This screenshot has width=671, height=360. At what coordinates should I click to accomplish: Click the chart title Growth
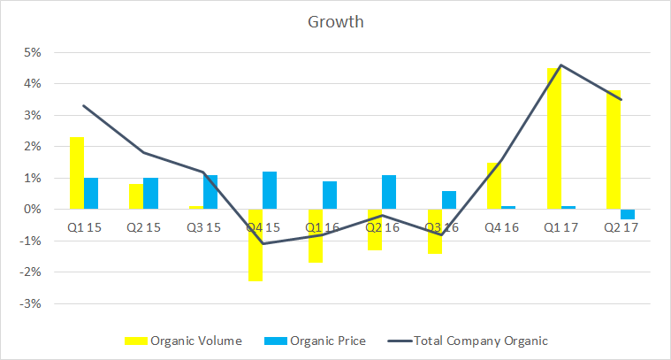[335, 20]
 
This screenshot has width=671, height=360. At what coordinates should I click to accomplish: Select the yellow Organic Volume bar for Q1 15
[77, 173]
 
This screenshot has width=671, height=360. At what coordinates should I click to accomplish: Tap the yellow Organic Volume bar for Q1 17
[554, 139]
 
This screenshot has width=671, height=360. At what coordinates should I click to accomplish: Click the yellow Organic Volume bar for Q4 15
[255, 245]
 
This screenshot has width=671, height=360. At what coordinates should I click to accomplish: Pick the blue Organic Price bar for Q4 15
[270, 191]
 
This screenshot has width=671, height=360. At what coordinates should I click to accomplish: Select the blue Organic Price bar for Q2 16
[389, 193]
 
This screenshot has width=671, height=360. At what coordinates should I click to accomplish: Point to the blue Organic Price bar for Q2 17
[628, 214]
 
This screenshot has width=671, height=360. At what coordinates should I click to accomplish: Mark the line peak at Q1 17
[561, 65]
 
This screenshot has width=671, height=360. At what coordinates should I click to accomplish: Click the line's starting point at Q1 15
[84, 106]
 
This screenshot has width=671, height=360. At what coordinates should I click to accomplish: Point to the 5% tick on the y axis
[32, 52]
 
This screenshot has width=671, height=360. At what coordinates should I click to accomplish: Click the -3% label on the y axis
[31, 303]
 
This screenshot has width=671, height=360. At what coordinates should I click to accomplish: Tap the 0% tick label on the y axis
[32, 210]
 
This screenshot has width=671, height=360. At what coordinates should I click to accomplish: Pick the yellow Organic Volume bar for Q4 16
[494, 186]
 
